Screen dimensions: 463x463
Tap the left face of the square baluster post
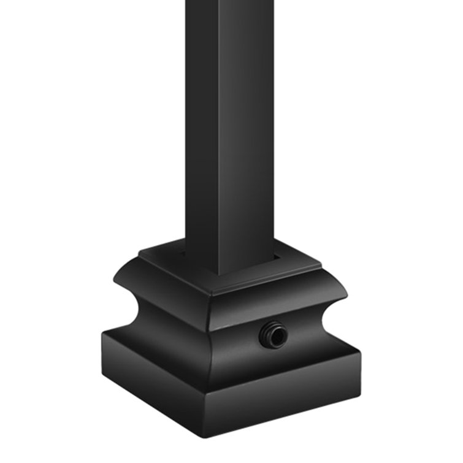tap(201, 123)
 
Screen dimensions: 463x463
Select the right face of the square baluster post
tap(244, 123)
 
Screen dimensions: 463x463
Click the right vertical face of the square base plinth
tap(288, 399)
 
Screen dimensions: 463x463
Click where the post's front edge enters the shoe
tap(216, 274)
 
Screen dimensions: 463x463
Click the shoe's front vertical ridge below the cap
tap(210, 343)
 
